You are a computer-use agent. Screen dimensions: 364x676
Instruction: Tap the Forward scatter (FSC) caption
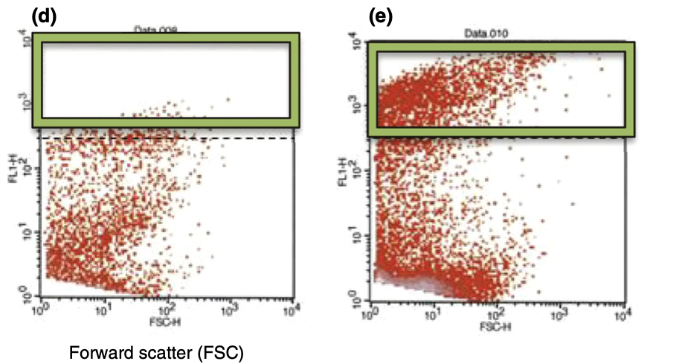click(156, 351)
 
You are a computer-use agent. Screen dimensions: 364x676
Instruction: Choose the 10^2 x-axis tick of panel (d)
click(169, 308)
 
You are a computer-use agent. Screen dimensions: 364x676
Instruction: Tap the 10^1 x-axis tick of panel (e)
click(433, 313)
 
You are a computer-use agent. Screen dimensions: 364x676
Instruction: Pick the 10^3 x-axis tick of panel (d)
click(233, 308)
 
